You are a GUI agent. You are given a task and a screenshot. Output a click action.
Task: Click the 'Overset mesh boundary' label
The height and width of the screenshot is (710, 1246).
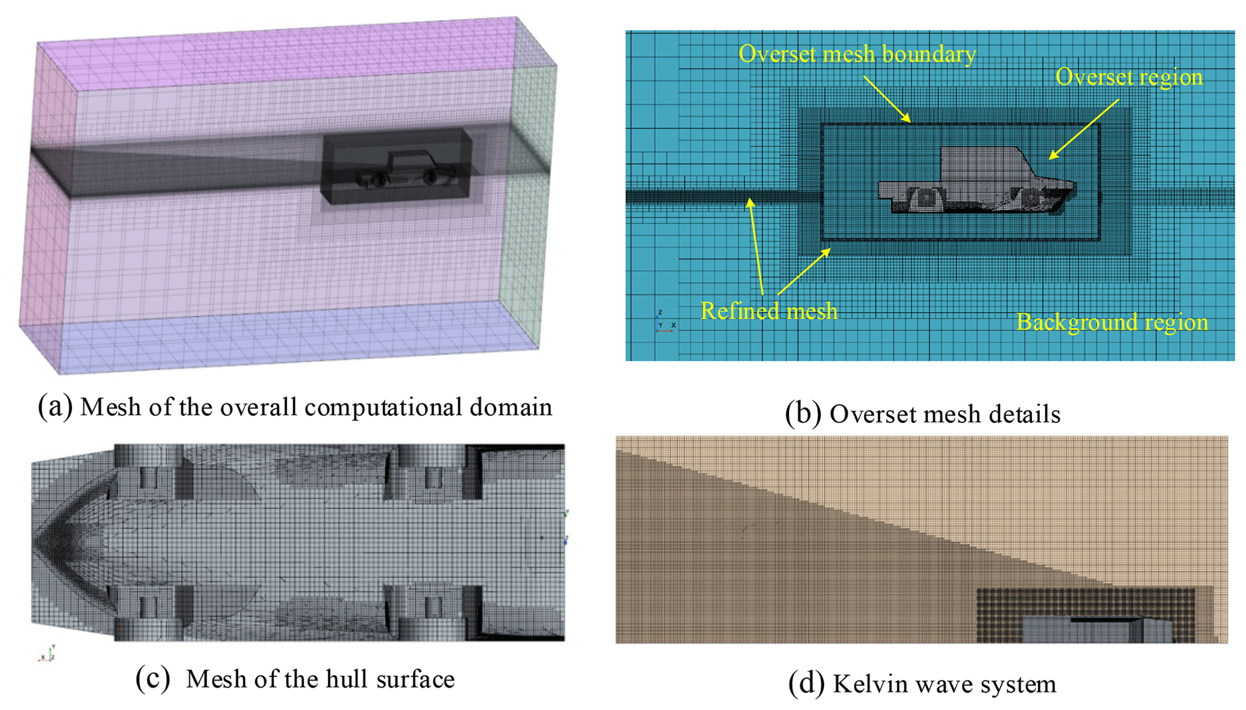click(x=857, y=54)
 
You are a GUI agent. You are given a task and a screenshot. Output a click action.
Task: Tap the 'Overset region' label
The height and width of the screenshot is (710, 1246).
click(x=1128, y=77)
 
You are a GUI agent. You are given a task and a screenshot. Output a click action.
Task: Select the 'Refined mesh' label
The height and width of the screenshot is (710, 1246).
click(x=769, y=311)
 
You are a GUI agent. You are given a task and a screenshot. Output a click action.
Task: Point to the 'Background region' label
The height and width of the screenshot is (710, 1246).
click(x=1112, y=322)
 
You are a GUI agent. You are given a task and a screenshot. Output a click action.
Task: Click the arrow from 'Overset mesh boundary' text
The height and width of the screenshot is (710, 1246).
click(x=887, y=99)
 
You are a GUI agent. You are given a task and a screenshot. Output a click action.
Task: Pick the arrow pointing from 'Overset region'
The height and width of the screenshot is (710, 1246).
click(x=1083, y=129)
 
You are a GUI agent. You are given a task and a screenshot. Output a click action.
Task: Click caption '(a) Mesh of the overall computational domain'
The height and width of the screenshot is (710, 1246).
click(x=295, y=407)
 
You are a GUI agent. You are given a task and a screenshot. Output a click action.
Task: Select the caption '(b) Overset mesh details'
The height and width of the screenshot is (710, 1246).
click(x=922, y=414)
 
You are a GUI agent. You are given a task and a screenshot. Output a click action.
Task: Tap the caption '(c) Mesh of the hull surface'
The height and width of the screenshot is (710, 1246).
click(x=295, y=679)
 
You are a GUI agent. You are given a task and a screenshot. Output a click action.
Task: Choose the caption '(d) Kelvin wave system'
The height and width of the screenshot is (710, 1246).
click(x=922, y=684)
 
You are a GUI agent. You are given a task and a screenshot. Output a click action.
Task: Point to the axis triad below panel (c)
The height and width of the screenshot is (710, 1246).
click(x=48, y=654)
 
